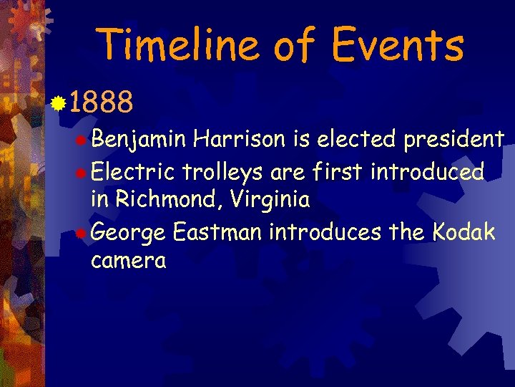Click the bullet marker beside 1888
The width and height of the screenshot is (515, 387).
click(59, 105)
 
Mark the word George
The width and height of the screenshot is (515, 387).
click(129, 233)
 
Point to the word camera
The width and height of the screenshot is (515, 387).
click(129, 260)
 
